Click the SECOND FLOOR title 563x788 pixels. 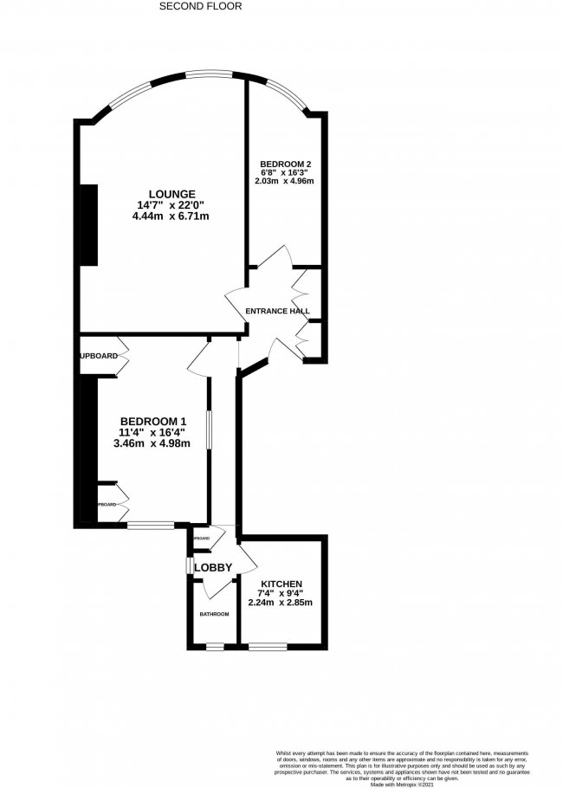tap(201, 6)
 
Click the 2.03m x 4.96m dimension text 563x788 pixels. tap(284, 181)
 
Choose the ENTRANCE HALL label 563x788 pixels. tap(277, 311)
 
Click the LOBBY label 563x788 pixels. tap(213, 568)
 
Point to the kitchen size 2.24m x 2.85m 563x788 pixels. tap(280, 604)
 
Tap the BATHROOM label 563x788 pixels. tap(214, 614)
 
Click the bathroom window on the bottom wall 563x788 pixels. tap(214, 646)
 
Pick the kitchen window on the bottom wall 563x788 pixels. tap(268, 646)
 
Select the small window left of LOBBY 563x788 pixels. tap(190, 565)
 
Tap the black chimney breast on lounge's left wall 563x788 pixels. tap(88, 226)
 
